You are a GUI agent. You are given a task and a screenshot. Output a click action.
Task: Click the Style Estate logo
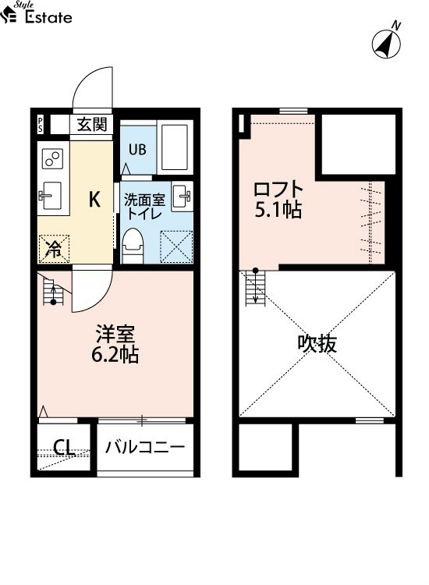(36, 12)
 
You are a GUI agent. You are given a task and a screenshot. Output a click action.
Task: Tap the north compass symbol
(387, 43)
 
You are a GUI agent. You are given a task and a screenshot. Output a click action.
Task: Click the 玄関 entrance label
(92, 124)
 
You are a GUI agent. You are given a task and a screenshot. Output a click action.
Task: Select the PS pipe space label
(40, 124)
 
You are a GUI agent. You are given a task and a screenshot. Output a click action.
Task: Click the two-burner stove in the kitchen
(52, 158)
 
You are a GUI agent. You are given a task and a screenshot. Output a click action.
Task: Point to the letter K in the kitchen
(94, 199)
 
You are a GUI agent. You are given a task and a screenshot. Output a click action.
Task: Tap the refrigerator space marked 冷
(54, 249)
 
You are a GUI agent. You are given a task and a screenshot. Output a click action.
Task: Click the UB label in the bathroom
(137, 150)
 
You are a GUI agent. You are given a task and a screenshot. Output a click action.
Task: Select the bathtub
(175, 147)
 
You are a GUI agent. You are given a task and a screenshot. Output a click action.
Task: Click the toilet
(133, 245)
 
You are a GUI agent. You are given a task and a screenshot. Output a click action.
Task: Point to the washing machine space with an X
(176, 247)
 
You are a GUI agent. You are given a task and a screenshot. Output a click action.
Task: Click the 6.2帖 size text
(115, 355)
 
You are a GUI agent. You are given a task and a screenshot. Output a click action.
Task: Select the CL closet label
(64, 448)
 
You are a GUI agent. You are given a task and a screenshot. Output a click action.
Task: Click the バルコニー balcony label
(145, 447)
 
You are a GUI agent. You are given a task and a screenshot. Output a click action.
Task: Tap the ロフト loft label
(278, 190)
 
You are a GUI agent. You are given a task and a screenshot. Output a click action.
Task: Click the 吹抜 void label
(317, 344)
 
